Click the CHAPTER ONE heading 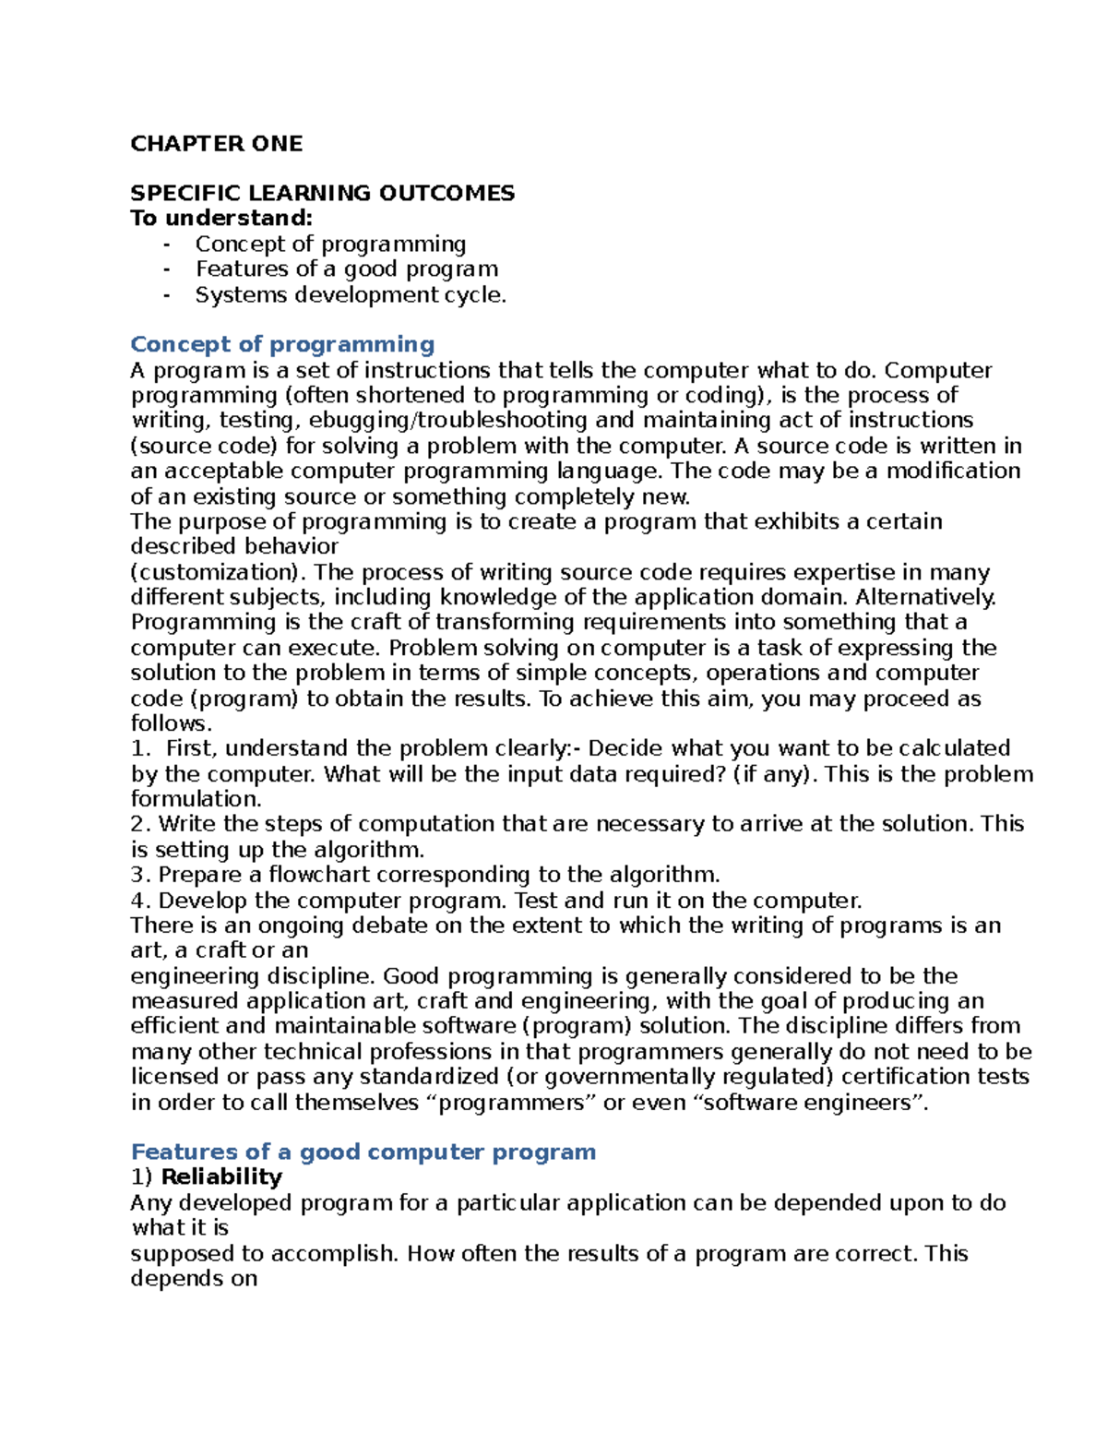[216, 144]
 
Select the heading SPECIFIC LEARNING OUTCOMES [322, 193]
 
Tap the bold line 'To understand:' [221, 219]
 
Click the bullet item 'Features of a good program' [346, 269]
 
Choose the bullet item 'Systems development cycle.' [351, 295]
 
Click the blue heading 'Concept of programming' [282, 344]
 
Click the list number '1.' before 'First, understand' [139, 748]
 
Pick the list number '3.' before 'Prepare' [139, 875]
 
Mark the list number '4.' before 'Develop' [139, 901]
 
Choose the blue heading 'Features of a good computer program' [363, 1152]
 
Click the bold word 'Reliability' [221, 1177]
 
